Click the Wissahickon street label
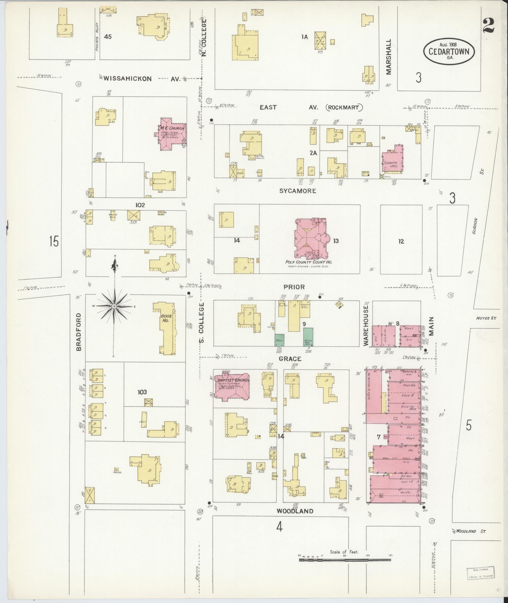[128, 79]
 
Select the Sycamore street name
[298, 191]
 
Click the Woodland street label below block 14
[295, 520]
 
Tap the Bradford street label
[79, 332]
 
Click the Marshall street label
[389, 57]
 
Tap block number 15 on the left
[54, 241]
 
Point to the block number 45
[108, 37]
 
